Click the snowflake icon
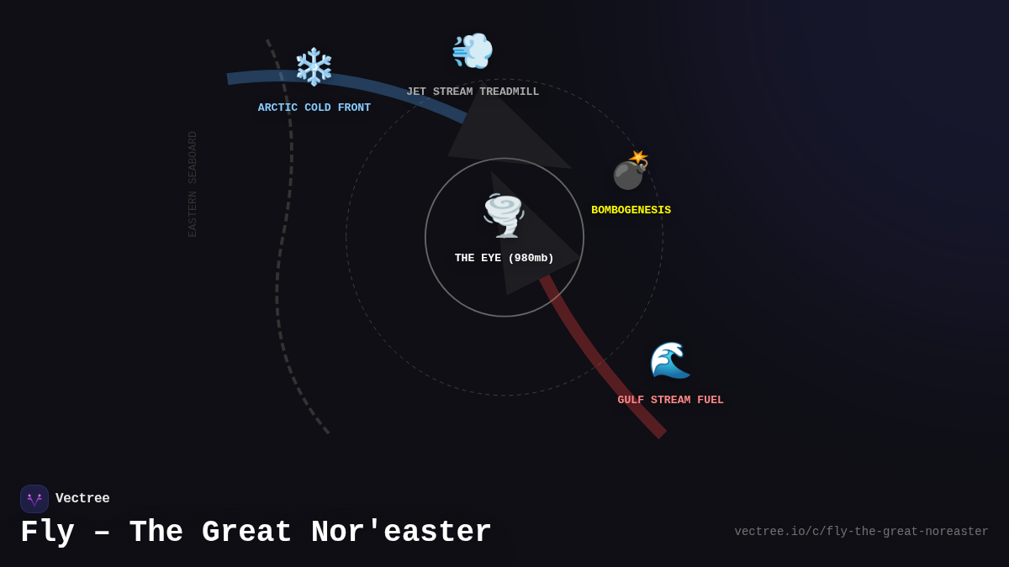click(314, 67)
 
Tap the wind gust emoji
click(472, 51)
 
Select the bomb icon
click(630, 171)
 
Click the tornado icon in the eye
click(504, 215)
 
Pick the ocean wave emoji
click(670, 360)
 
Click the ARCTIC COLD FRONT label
click(314, 108)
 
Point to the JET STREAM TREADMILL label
click(473, 92)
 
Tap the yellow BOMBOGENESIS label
click(631, 210)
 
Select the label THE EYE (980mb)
click(504, 258)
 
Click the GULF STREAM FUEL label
click(670, 400)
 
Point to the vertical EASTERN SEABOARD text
click(193, 184)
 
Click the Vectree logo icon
click(34, 499)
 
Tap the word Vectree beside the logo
click(82, 499)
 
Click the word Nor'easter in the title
click(401, 533)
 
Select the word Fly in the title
click(47, 533)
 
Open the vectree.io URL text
click(861, 532)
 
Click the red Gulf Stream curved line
click(614, 379)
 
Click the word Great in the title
click(246, 533)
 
